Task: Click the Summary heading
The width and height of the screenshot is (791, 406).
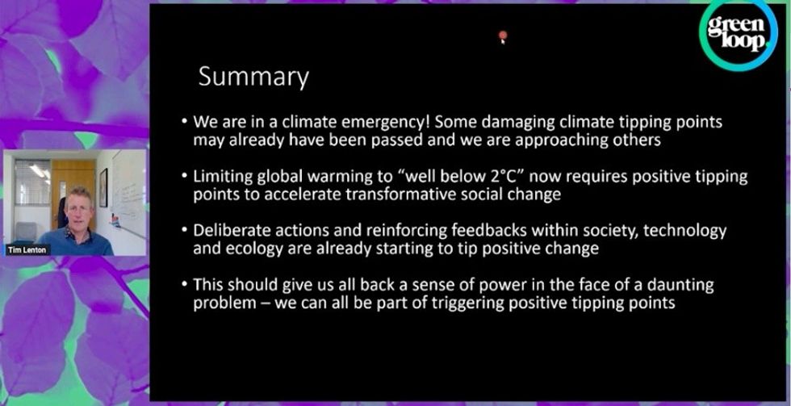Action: [x=253, y=77]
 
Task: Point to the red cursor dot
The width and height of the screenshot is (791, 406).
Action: [x=502, y=36]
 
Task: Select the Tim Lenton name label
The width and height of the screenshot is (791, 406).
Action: [x=27, y=250]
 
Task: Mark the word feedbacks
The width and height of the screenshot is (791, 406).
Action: [x=460, y=231]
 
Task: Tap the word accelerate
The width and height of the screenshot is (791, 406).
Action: [x=297, y=195]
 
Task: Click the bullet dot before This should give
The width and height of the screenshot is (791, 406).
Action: [x=185, y=285]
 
